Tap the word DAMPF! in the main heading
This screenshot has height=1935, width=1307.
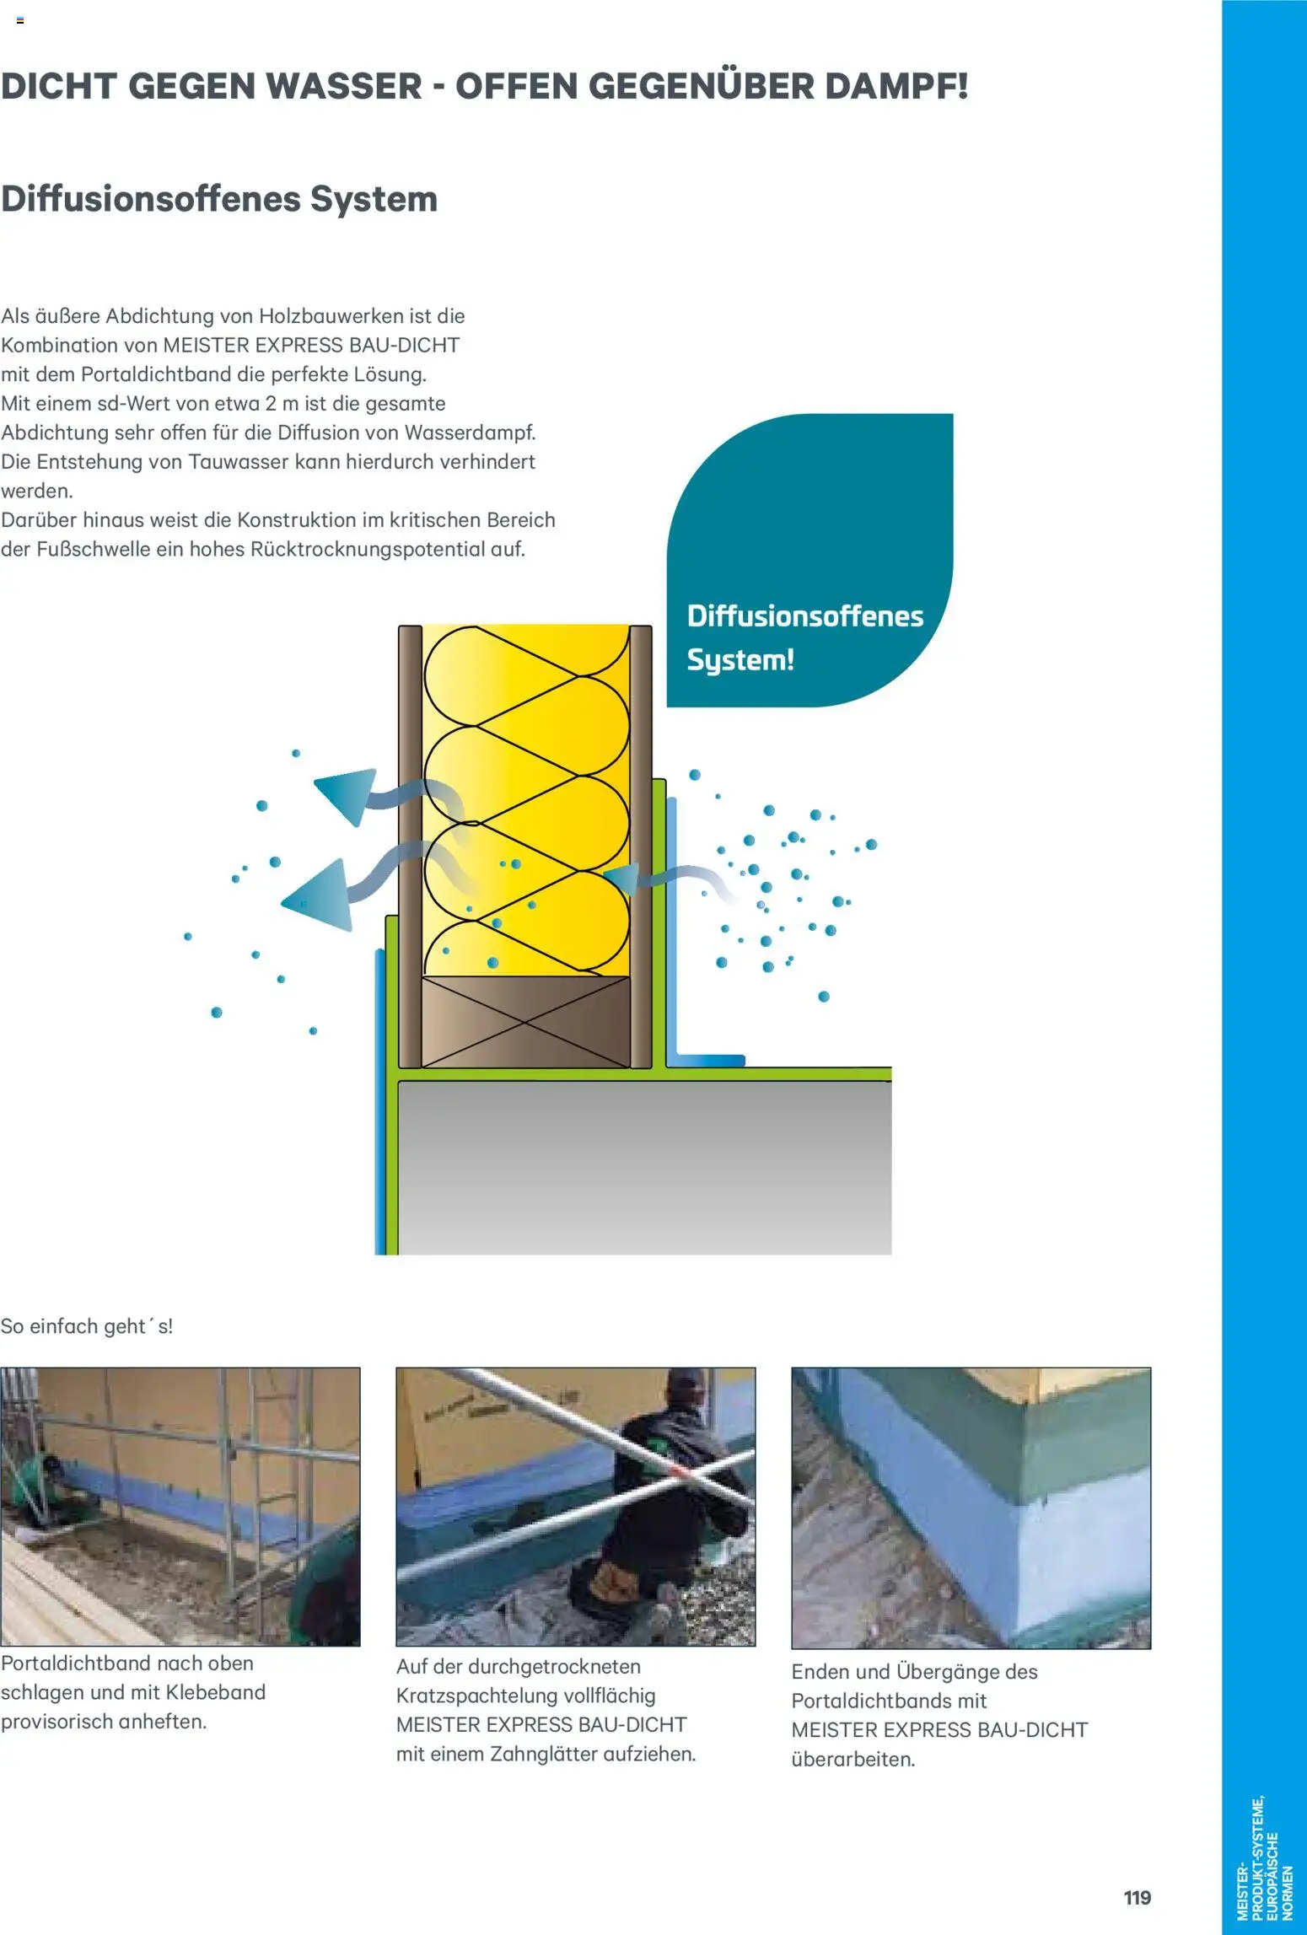(x=896, y=87)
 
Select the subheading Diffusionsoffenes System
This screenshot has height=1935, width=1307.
(x=219, y=199)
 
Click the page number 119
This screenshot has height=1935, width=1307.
(x=1137, y=1897)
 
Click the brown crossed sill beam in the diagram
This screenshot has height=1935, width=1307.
(x=525, y=1021)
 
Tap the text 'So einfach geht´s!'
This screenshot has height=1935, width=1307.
(x=87, y=1326)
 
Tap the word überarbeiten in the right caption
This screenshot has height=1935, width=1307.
(x=853, y=1760)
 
